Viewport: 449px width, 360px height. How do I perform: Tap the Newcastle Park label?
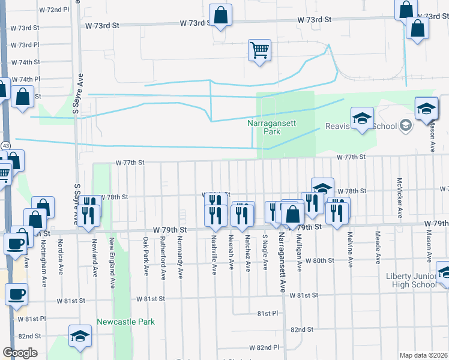point(126,322)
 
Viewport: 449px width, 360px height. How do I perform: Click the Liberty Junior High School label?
point(412,280)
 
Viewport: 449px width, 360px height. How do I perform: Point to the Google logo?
point(20,353)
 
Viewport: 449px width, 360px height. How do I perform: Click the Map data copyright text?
point(424,355)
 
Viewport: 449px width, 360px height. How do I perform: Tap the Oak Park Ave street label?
point(146,256)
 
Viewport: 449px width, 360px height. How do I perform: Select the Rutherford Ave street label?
point(163,258)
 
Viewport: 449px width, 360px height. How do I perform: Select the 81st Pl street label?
point(268,313)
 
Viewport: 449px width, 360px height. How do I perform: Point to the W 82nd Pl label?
point(268,347)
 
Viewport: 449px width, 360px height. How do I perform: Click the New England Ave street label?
point(112,256)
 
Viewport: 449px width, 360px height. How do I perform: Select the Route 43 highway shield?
point(5,146)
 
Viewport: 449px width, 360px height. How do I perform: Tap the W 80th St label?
point(319,260)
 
